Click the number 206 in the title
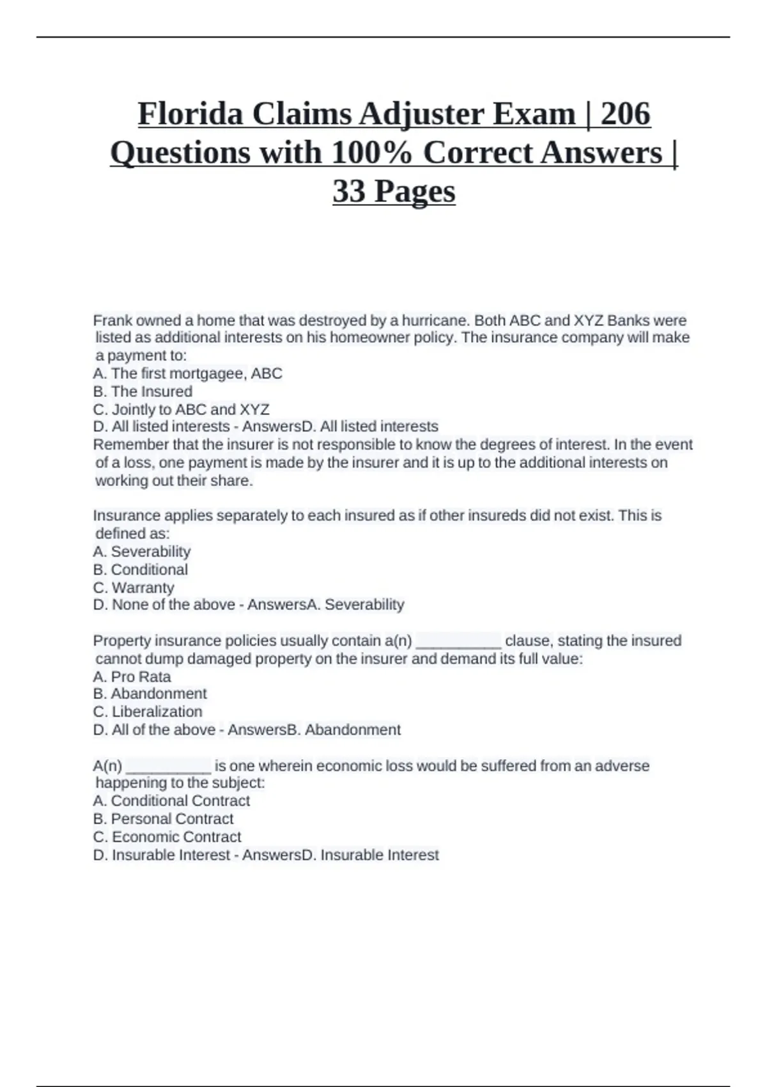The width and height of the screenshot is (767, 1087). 626,114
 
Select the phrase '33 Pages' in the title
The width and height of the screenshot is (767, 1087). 394,191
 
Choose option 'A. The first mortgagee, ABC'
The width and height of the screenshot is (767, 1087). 187,373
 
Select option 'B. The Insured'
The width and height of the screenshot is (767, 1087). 143,391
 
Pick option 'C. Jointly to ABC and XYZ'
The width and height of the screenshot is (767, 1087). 181,409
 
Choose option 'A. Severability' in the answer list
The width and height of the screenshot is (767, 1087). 142,551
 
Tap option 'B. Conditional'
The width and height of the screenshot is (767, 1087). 141,569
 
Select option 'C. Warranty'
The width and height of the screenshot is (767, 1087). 134,587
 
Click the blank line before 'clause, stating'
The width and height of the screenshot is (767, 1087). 458,641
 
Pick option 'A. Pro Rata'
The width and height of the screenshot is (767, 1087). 132,676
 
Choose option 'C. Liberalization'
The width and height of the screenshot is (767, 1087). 148,712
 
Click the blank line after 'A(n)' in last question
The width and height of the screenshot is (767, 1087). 169,767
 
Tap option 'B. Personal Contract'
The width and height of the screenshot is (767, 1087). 163,818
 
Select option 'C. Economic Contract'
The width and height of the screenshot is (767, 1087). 167,836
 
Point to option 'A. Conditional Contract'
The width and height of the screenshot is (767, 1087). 171,801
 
